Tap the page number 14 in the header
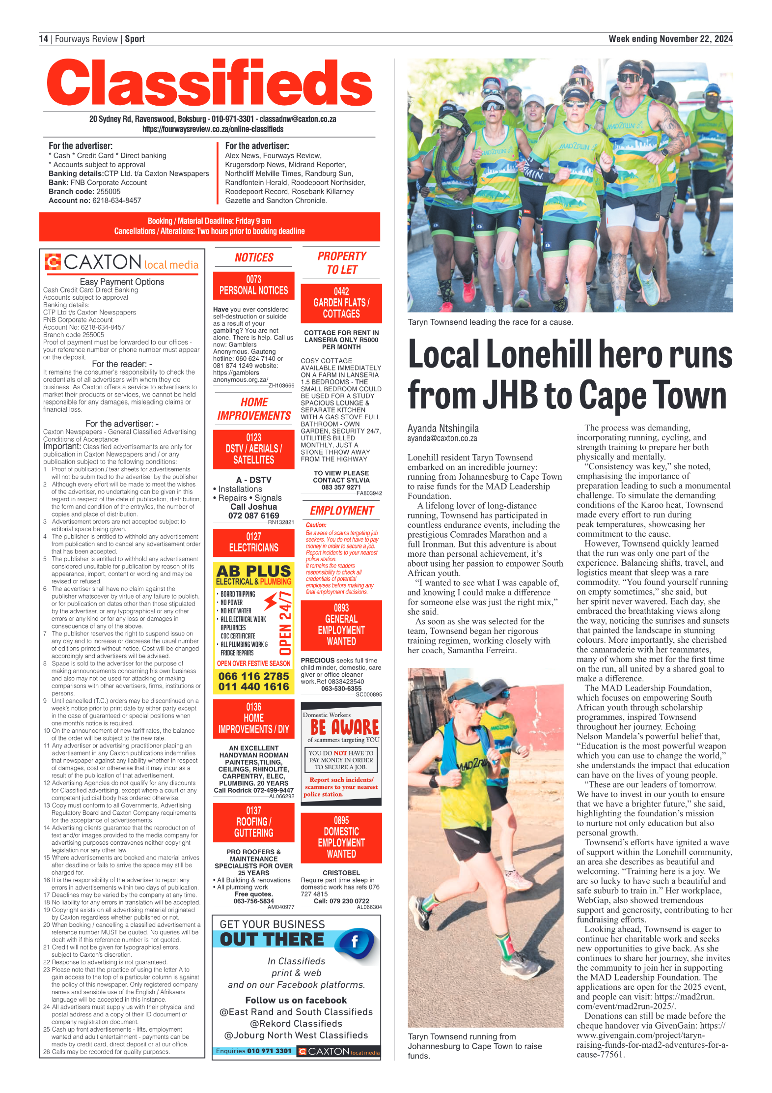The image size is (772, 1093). tap(44, 39)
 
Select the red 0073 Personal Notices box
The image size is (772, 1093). tap(253, 286)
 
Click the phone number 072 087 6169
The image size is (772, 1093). tap(253, 516)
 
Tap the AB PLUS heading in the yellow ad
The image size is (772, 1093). tap(253, 571)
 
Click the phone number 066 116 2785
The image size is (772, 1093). tap(253, 676)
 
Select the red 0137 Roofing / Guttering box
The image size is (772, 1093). tap(253, 822)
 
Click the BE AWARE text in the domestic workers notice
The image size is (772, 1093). tap(344, 727)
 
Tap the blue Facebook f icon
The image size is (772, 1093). tap(355, 942)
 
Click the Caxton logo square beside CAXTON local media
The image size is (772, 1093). tap(53, 261)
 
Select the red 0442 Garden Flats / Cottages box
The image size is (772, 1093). tap(341, 303)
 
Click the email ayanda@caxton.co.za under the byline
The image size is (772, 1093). tap(442, 438)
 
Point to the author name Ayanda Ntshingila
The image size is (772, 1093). tap(443, 428)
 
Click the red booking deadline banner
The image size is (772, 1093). tap(210, 226)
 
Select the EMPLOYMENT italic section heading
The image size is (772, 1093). tap(342, 511)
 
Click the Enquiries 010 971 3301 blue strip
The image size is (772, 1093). tap(254, 1051)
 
